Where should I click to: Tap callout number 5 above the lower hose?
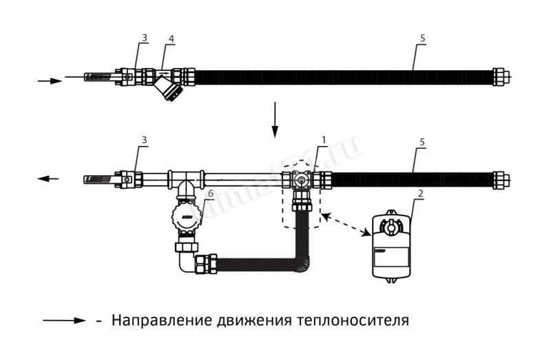click(x=420, y=142)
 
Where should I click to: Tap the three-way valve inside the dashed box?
click(x=302, y=180)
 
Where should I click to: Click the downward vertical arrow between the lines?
click(x=275, y=120)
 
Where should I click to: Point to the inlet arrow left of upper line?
click(x=50, y=81)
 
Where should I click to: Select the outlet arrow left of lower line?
click(x=48, y=179)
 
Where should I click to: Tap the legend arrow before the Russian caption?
click(x=63, y=321)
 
